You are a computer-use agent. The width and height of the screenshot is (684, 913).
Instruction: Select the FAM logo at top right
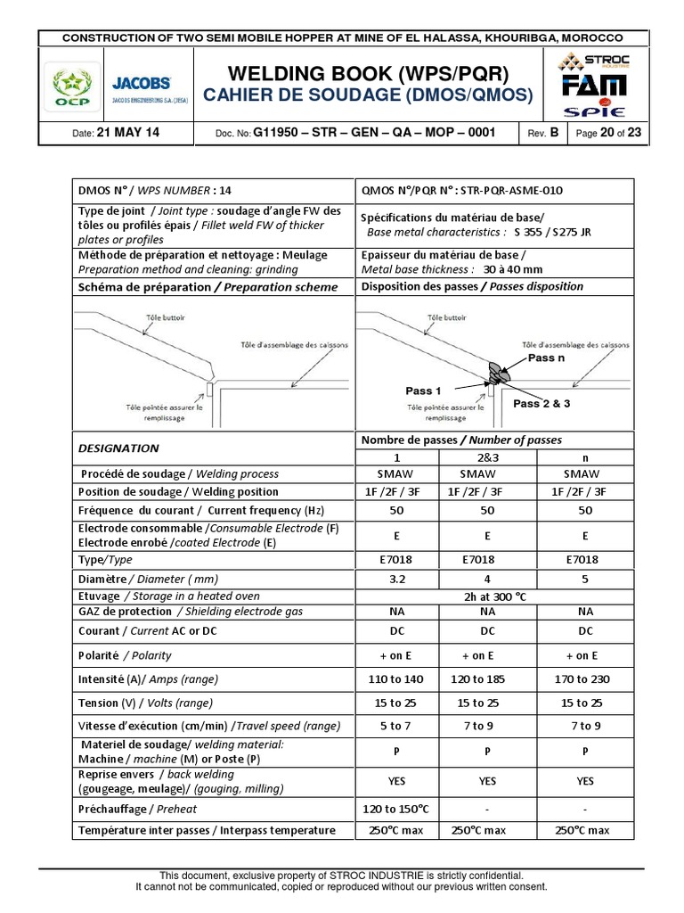pyautogui.click(x=592, y=86)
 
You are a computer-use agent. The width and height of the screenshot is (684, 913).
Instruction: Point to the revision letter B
pyautogui.click(x=554, y=133)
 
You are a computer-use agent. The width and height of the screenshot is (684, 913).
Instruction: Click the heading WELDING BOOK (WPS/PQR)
pyautogui.click(x=367, y=73)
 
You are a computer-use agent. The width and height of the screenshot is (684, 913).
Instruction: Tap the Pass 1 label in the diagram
pyautogui.click(x=423, y=391)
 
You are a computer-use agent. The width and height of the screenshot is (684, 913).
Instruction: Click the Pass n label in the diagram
pyautogui.click(x=547, y=358)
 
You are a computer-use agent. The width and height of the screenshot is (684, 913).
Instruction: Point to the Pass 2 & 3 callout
pyautogui.click(x=541, y=404)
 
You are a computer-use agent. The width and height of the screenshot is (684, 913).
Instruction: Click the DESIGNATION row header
pyautogui.click(x=118, y=448)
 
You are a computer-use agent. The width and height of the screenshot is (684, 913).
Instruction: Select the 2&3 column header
pyautogui.click(x=487, y=456)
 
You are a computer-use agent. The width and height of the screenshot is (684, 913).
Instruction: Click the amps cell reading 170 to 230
pyautogui.click(x=584, y=679)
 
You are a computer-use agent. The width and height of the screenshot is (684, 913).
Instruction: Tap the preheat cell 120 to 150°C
pyautogui.click(x=397, y=809)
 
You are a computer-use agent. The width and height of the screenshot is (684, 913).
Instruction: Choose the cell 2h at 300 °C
pyautogui.click(x=487, y=595)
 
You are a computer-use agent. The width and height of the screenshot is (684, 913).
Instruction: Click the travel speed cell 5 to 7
pyautogui.click(x=397, y=726)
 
